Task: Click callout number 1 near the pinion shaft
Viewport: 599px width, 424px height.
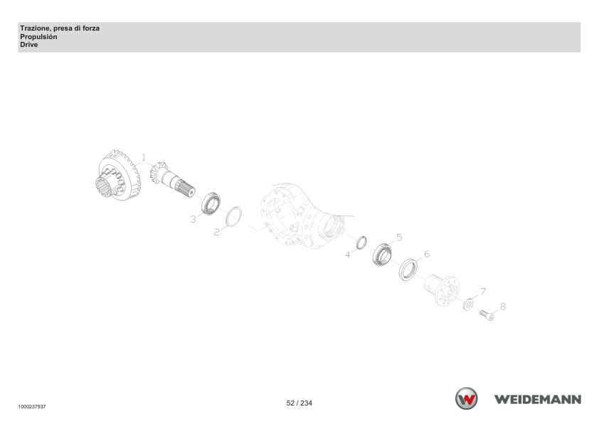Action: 144,157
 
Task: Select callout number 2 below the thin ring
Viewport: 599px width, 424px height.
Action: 216,232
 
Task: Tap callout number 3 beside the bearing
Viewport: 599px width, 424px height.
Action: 193,219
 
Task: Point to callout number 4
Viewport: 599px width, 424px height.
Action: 348,255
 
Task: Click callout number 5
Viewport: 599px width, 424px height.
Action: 399,238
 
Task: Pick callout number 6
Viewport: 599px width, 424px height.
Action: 427,254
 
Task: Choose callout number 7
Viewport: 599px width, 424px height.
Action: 483,292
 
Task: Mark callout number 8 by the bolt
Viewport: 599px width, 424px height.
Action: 503,307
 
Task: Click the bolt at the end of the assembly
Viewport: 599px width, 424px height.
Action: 487,315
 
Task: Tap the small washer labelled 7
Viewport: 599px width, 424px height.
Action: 468,304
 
